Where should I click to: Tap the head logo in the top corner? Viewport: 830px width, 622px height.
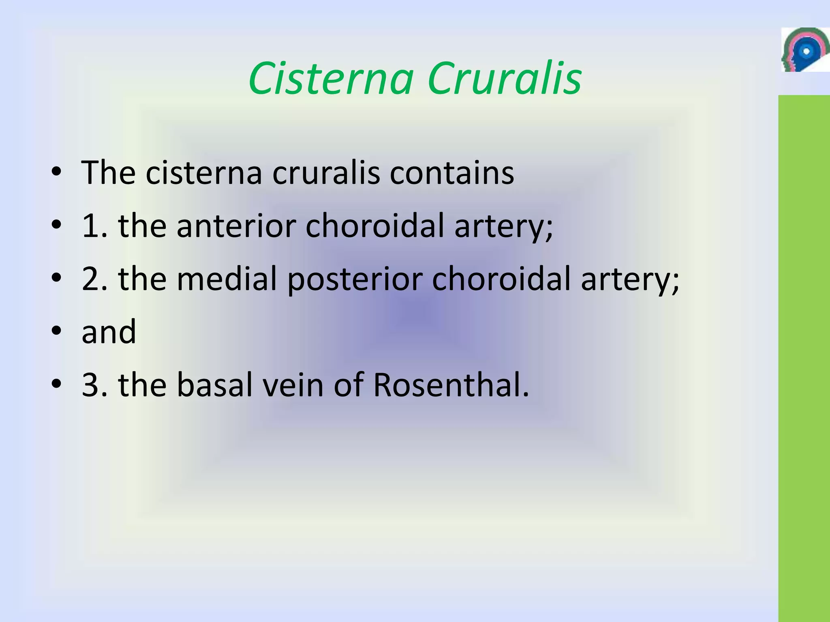(804, 50)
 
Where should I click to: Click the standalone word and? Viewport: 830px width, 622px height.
(109, 332)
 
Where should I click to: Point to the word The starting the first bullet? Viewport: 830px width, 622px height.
(108, 173)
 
